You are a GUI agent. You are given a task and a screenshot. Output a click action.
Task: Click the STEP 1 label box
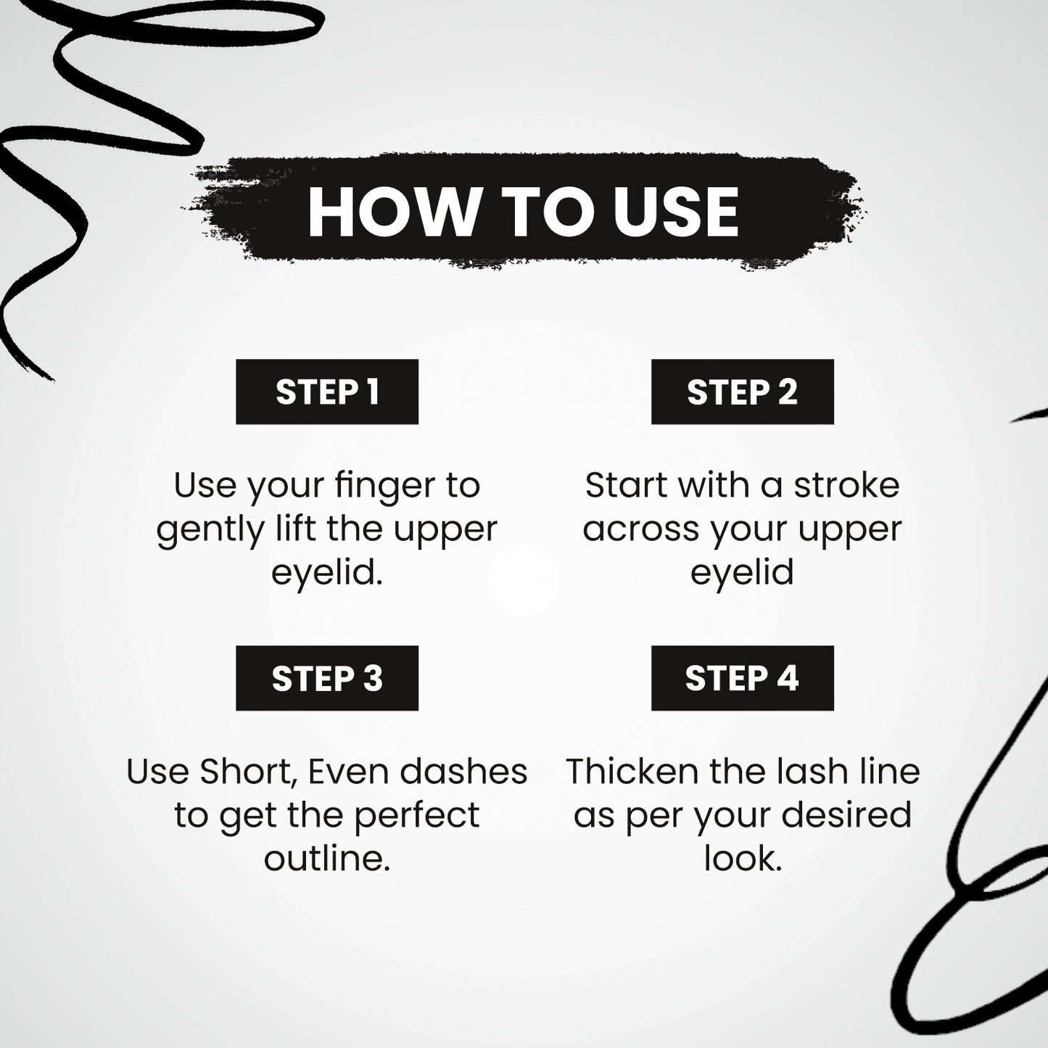pyautogui.click(x=327, y=392)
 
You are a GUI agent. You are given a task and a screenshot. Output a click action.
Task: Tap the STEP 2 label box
pyautogui.click(x=743, y=392)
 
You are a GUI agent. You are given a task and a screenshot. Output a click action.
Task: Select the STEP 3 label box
pyautogui.click(x=327, y=678)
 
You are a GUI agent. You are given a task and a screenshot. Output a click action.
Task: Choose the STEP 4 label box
pyautogui.click(x=743, y=678)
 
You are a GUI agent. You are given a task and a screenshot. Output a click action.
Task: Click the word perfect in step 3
pyautogui.click(x=417, y=815)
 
